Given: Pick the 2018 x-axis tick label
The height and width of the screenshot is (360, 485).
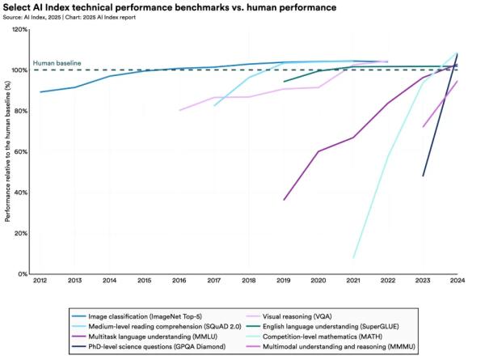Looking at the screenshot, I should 248,282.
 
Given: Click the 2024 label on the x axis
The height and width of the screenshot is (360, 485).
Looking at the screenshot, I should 457,282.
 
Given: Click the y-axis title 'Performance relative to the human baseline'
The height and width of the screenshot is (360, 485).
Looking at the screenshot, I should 7,152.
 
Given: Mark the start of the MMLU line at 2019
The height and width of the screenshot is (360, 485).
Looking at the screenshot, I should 284,200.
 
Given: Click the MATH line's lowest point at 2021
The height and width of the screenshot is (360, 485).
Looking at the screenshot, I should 353,258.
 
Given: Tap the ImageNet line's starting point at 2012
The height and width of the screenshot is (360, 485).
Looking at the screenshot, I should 40,91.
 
